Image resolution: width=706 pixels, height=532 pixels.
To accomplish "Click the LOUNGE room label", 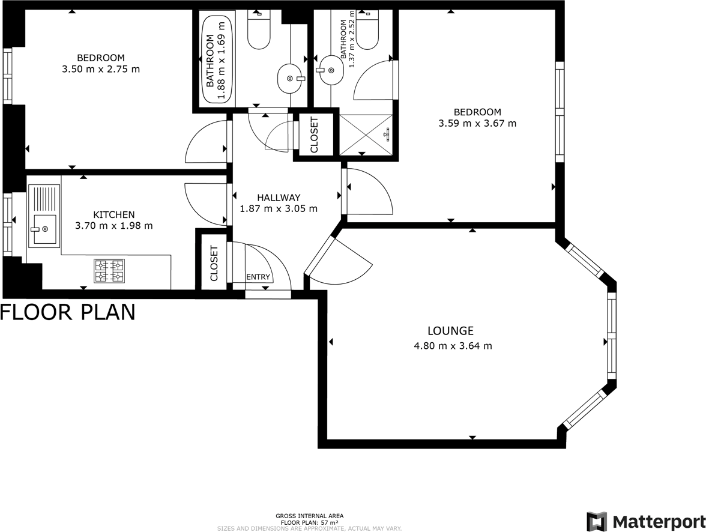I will [450, 331].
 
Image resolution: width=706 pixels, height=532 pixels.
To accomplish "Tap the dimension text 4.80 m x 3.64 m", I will [453, 346].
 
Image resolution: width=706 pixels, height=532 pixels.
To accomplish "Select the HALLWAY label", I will [278, 198].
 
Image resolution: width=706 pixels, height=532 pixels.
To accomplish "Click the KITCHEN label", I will [113, 214].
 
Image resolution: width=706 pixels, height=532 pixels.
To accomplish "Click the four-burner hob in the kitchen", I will [109, 270].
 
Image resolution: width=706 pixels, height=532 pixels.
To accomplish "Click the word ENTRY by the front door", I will [258, 277].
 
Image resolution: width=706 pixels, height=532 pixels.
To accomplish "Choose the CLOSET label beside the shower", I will [313, 135].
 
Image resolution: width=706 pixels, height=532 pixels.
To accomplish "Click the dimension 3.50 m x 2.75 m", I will [101, 69].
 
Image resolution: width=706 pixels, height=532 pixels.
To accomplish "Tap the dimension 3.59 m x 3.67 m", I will [477, 124].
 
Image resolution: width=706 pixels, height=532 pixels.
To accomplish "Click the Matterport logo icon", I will [596, 521].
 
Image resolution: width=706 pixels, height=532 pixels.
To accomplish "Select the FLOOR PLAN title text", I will [68, 312].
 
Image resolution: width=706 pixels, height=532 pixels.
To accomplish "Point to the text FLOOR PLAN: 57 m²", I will [309, 522].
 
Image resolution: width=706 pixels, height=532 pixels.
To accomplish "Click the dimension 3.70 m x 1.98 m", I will [113, 226].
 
